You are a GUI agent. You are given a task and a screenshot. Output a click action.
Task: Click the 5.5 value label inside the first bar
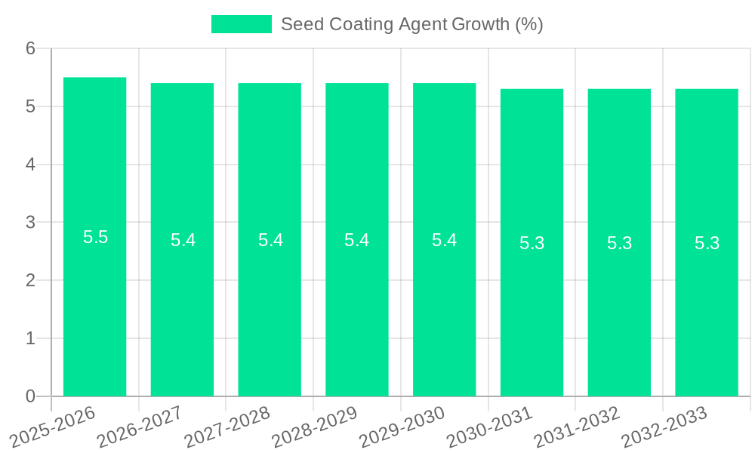pyautogui.click(x=95, y=237)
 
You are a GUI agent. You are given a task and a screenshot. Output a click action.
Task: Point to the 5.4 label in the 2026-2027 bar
pyautogui.click(x=183, y=240)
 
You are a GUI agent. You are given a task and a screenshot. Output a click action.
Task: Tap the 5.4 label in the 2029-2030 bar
pyautogui.click(x=444, y=240)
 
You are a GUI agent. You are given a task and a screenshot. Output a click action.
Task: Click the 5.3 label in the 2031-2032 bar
pyautogui.click(x=619, y=243)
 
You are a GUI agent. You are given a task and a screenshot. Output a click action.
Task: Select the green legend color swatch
pyautogui.click(x=241, y=24)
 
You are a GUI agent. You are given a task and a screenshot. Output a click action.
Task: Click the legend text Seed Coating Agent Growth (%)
pyautogui.click(x=411, y=24)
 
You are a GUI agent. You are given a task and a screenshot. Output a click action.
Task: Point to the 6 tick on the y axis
pyautogui.click(x=31, y=48)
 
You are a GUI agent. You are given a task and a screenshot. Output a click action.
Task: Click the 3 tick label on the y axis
pyautogui.click(x=31, y=223)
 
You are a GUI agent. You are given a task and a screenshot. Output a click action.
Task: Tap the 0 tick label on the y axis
pyautogui.click(x=31, y=396)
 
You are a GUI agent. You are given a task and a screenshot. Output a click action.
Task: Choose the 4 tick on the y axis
pyautogui.click(x=31, y=165)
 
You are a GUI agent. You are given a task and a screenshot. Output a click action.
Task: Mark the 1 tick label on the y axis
pyautogui.click(x=31, y=338)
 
